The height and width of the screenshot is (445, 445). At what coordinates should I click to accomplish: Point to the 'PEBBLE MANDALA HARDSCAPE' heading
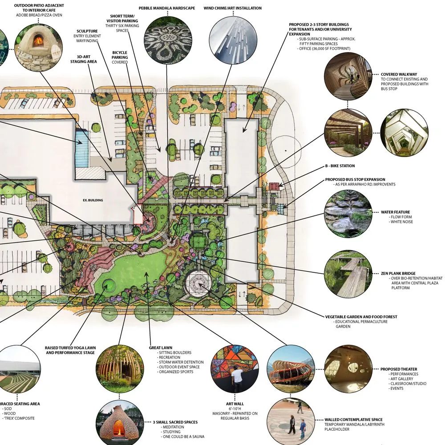click(x=167, y=8)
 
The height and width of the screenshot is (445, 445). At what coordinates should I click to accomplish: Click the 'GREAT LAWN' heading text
click(x=161, y=348)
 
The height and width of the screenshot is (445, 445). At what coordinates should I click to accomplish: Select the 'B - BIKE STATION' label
click(x=340, y=166)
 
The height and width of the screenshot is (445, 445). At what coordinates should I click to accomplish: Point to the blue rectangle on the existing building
click(x=82, y=148)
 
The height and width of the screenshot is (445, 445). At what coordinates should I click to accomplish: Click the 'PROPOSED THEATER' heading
click(x=399, y=369)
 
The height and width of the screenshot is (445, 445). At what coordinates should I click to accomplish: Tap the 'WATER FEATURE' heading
click(x=395, y=212)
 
